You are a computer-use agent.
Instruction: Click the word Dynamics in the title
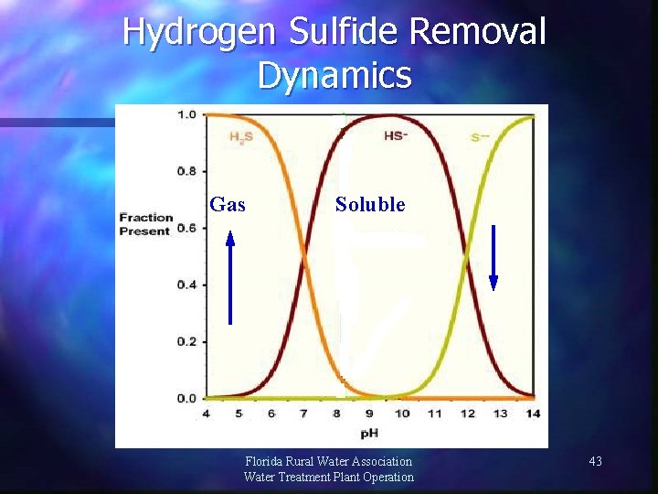[334, 75]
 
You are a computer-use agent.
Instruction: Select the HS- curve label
[396, 135]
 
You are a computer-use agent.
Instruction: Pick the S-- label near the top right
[482, 137]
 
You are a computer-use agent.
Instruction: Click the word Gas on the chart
[228, 205]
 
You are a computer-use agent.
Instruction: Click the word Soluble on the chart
[369, 205]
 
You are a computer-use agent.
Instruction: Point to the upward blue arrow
[230, 278]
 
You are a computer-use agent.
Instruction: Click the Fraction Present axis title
[145, 224]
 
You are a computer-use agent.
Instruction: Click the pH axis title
[369, 432]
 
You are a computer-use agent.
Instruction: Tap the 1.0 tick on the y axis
[186, 114]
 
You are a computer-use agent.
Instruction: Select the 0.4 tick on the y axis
[186, 285]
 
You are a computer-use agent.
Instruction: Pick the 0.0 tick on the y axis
[186, 398]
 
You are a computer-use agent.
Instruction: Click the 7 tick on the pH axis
[304, 413]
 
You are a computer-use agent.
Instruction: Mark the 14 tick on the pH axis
[533, 413]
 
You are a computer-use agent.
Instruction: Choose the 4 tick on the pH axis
[206, 413]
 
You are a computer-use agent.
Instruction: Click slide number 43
[595, 462]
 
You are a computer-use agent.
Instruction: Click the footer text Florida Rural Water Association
[329, 462]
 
